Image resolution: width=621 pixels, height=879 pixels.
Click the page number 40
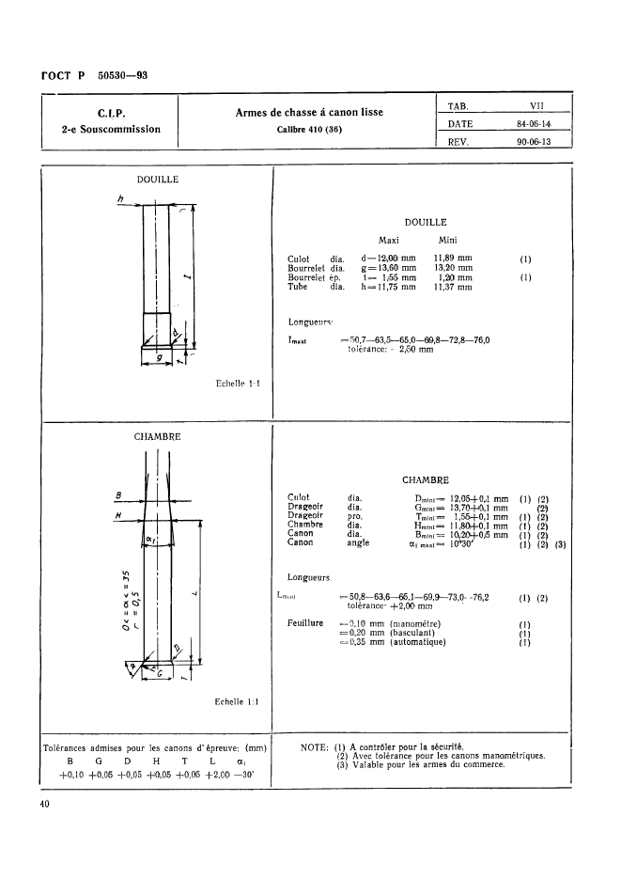tap(45, 804)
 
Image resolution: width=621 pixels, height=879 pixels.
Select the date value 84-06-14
tap(534, 124)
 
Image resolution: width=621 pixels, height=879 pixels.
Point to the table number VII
tap(533, 106)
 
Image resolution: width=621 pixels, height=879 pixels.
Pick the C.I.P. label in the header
tap(112, 115)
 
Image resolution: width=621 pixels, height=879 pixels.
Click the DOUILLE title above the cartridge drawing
tap(159, 178)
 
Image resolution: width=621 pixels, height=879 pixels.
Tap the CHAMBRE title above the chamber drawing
tap(159, 436)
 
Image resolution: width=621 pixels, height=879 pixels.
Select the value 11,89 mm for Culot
tap(453, 257)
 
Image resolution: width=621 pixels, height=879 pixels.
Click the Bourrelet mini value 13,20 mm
tap(453, 267)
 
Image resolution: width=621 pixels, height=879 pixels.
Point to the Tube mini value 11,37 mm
tap(453, 288)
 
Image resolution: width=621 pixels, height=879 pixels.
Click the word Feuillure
tap(305, 623)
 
